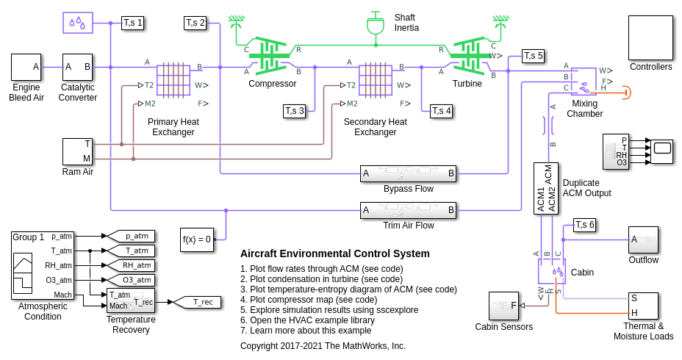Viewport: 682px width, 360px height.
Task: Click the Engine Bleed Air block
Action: pyautogui.click(x=26, y=67)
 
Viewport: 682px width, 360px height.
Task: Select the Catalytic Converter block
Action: pyautogui.click(x=77, y=67)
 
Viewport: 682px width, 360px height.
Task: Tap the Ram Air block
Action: pyautogui.click(x=77, y=151)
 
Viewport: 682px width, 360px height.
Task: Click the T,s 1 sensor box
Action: pyautogui.click(x=133, y=23)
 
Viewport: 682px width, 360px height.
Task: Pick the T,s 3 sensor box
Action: pyautogui.click(x=294, y=111)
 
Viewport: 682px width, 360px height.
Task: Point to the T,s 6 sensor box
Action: pyautogui.click(x=585, y=225)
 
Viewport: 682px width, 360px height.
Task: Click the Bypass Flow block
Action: pyautogui.click(x=408, y=173)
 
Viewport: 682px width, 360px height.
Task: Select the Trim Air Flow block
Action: pyautogui.click(x=408, y=211)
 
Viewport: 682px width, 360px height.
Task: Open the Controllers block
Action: pyautogui.click(x=650, y=37)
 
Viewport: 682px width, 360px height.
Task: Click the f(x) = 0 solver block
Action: pyautogui.click(x=197, y=240)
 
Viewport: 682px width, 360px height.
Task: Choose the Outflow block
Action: pyautogui.click(x=643, y=240)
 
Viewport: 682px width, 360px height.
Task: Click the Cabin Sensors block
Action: pyautogui.click(x=503, y=306)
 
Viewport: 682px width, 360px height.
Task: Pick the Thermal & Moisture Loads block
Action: pyautogui.click(x=643, y=306)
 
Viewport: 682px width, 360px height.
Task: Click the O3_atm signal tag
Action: pyautogui.click(x=132, y=280)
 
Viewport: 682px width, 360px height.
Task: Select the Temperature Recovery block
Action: pyautogui.click(x=131, y=300)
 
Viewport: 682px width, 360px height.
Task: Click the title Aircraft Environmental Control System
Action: pyautogui.click(x=335, y=253)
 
